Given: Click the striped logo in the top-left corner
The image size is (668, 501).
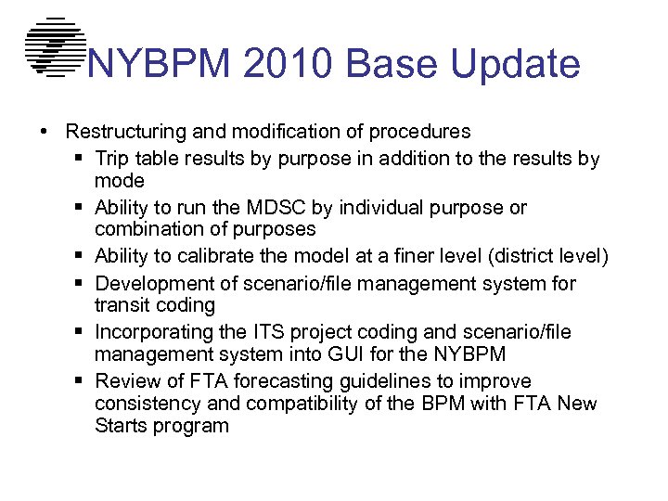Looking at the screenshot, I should (55, 46).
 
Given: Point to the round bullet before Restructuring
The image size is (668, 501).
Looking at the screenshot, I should (45, 132).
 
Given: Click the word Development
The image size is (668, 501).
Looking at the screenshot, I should (150, 283).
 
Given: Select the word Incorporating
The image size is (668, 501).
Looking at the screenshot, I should (154, 332).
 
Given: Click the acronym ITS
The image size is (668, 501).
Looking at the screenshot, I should (263, 332).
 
